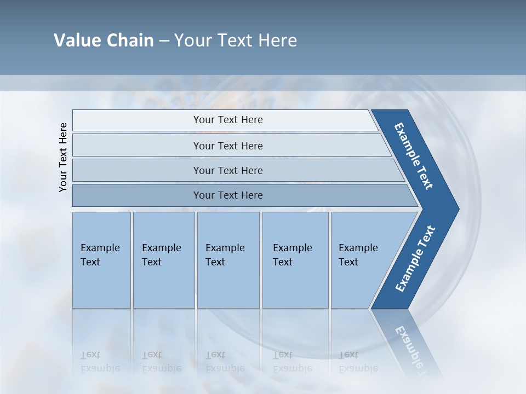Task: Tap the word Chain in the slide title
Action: coord(130,40)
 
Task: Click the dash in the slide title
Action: coord(164,41)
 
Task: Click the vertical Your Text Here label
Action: coord(63,157)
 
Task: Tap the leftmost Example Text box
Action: coord(101,259)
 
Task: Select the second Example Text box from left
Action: coord(164,259)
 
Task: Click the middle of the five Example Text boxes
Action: coord(228,259)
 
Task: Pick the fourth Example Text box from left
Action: coord(295,259)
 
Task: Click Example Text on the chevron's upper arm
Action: coord(414,156)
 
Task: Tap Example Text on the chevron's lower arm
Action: coord(415,259)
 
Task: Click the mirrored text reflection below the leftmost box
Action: coord(100,362)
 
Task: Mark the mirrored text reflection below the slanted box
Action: coord(358,362)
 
